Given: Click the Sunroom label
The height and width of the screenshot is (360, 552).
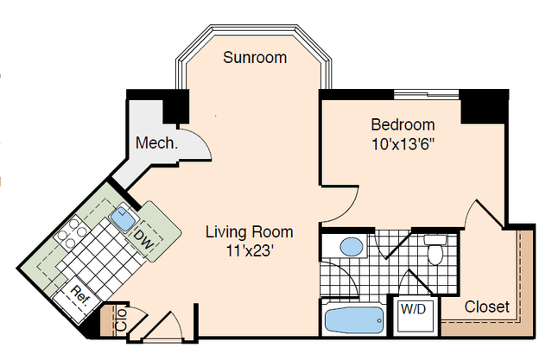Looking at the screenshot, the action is tap(255, 57).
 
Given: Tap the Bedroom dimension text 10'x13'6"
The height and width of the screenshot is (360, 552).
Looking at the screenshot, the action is tap(403, 144).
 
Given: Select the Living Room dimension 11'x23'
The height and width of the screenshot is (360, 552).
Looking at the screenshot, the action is tap(250, 251).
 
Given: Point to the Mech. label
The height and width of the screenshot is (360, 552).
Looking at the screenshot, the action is tap(156, 142).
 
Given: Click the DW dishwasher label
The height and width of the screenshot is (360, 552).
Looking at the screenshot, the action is tap(144, 239).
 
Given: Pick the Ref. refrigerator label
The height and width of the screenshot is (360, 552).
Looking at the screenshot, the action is tap(80, 295).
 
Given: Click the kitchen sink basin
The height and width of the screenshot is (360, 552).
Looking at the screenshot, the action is tap(124, 218).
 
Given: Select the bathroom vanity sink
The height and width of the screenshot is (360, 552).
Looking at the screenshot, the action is tap(352, 246).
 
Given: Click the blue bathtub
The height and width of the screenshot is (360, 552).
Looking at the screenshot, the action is tap(354, 320).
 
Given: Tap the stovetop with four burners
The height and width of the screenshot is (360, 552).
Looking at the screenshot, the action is tap(72, 232).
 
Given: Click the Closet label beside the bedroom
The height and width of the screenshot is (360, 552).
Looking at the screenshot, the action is tap(486, 306).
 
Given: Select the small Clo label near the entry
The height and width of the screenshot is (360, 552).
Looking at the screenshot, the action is tap(121, 319).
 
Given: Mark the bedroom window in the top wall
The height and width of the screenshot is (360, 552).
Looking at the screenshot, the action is tap(426, 94).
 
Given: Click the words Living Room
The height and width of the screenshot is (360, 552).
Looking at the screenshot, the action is tap(250, 232).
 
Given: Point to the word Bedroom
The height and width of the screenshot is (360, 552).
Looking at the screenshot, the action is tap(403, 125).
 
